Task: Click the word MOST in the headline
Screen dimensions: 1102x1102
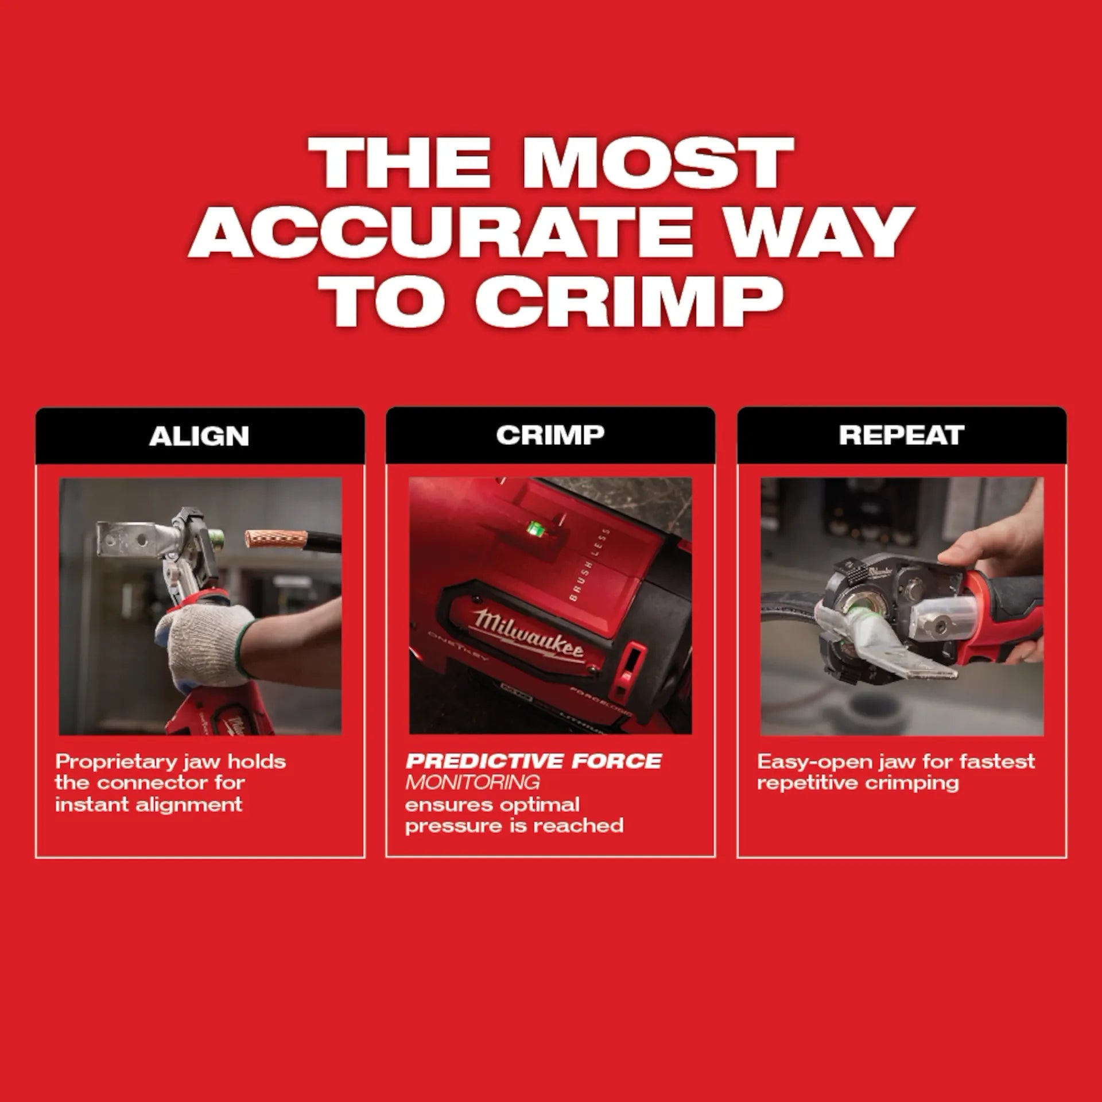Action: click(x=657, y=162)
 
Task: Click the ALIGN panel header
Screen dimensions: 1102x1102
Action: click(x=199, y=436)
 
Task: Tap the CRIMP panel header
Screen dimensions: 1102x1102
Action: click(x=550, y=435)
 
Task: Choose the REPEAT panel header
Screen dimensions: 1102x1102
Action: click(x=901, y=435)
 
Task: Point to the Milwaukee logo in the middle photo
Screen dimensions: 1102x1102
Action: click(x=527, y=633)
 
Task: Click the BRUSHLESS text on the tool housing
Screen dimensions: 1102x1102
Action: click(x=591, y=565)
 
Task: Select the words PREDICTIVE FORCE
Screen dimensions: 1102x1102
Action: click(x=533, y=762)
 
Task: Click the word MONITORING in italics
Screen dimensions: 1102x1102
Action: click(x=472, y=782)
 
